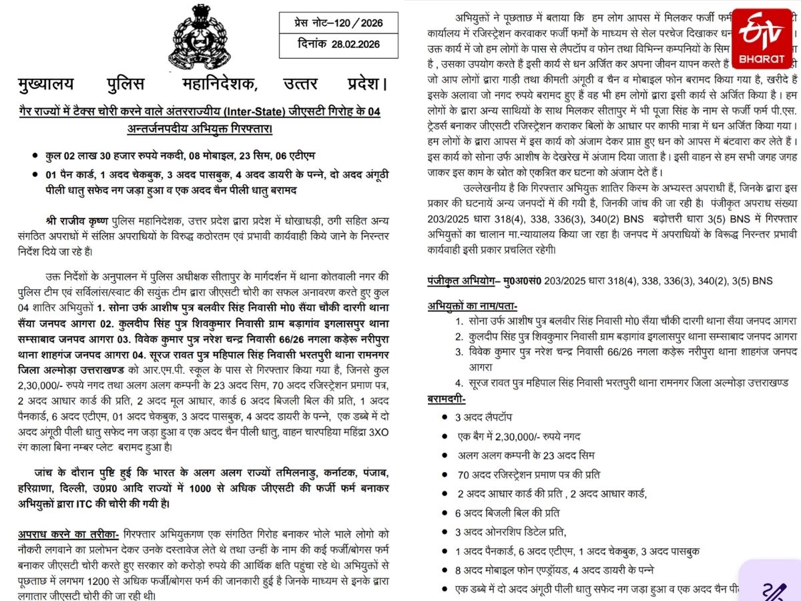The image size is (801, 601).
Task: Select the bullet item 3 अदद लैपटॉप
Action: [x=484, y=417]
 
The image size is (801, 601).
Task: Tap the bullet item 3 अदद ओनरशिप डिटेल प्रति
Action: [x=511, y=532]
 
